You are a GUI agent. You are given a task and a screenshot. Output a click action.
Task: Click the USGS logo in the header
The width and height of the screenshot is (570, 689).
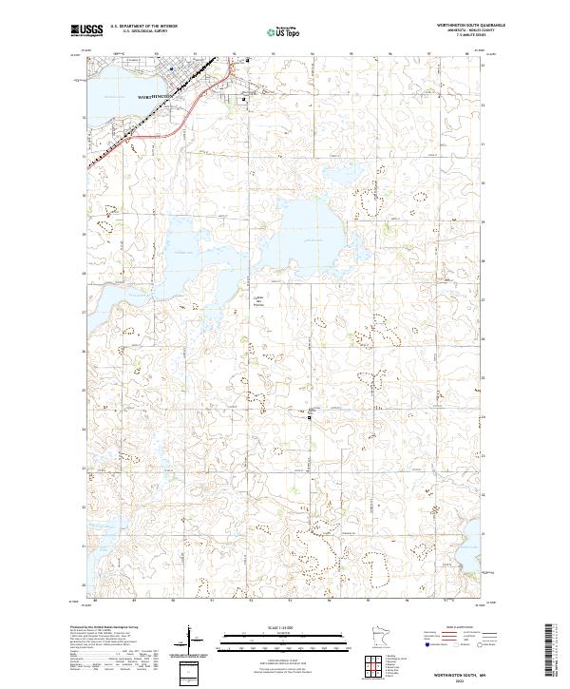click(x=86, y=30)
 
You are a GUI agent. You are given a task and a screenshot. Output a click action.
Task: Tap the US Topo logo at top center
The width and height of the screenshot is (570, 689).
click(x=284, y=31)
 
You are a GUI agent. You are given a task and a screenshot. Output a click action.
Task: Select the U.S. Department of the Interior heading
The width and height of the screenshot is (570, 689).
click(x=143, y=27)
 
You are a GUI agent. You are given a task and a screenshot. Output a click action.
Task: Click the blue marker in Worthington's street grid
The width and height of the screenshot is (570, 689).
click(x=171, y=67)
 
